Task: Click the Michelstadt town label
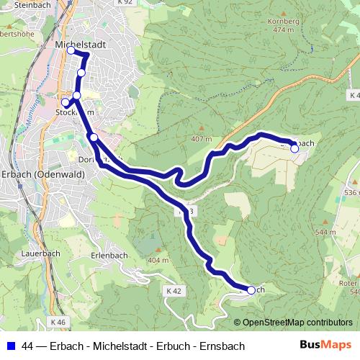click(80, 44)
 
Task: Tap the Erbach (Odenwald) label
click(43, 175)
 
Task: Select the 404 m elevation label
click(158, 259)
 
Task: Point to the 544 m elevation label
click(325, 233)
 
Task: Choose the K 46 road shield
click(58, 322)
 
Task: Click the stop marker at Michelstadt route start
click(71, 50)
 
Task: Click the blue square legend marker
click(10, 346)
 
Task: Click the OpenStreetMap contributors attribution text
click(297, 323)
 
